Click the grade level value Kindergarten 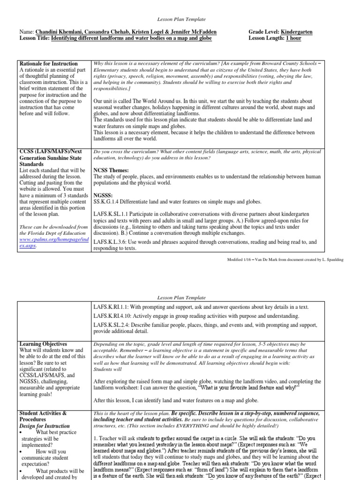[x=296, y=32]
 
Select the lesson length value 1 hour [x=293, y=38]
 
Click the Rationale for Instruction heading [x=49, y=63]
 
